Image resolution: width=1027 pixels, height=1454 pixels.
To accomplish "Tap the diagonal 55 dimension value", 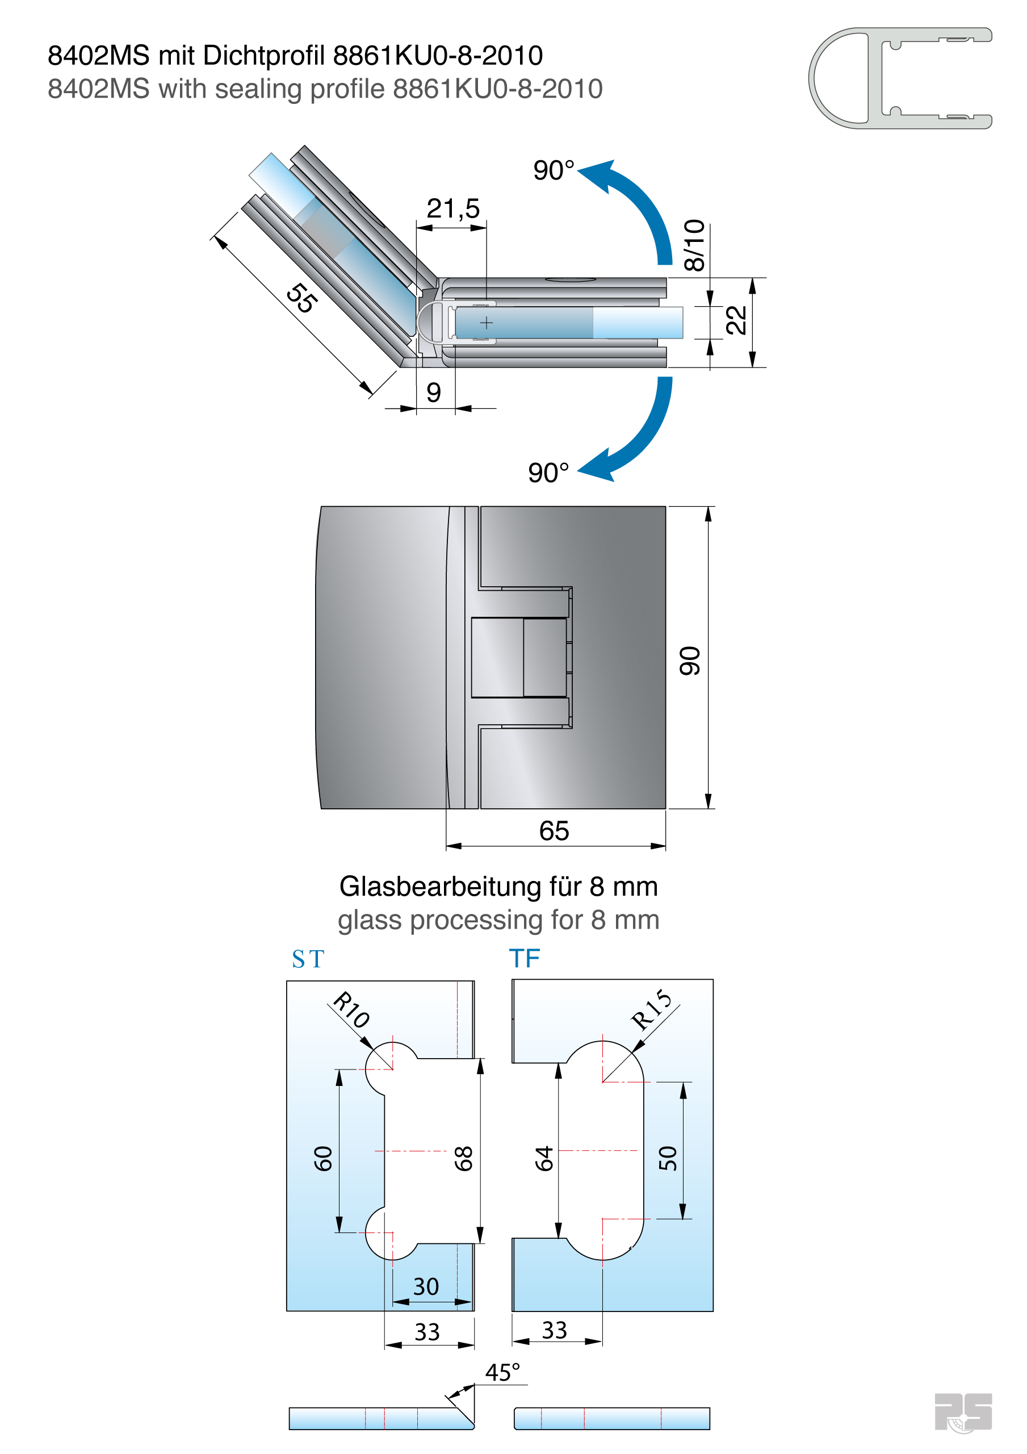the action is click(x=301, y=298).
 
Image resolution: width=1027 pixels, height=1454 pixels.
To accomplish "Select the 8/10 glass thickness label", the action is click(x=694, y=245).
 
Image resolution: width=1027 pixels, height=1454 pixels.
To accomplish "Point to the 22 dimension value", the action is click(x=736, y=320).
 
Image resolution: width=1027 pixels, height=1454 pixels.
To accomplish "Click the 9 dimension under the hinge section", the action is click(x=434, y=392).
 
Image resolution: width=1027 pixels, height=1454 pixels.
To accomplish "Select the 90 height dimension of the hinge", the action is click(x=690, y=661).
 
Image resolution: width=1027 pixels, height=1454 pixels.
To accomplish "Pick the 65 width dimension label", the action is click(x=554, y=831).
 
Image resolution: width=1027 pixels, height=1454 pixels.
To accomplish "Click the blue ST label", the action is click(x=308, y=959).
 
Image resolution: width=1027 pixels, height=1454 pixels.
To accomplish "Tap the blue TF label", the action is click(x=524, y=959).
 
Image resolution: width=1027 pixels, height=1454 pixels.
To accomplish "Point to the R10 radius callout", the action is click(x=352, y=1009).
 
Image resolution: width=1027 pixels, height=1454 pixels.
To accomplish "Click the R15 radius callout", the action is click(x=652, y=1009).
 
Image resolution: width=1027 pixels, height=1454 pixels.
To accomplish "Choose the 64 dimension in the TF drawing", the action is click(x=544, y=1158).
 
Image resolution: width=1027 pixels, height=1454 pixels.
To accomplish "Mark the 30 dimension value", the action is click(x=426, y=1287).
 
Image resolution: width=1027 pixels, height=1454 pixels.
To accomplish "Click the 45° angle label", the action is click(x=503, y=1373).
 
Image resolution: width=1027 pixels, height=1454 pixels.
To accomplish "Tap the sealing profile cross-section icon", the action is click(x=900, y=78).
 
